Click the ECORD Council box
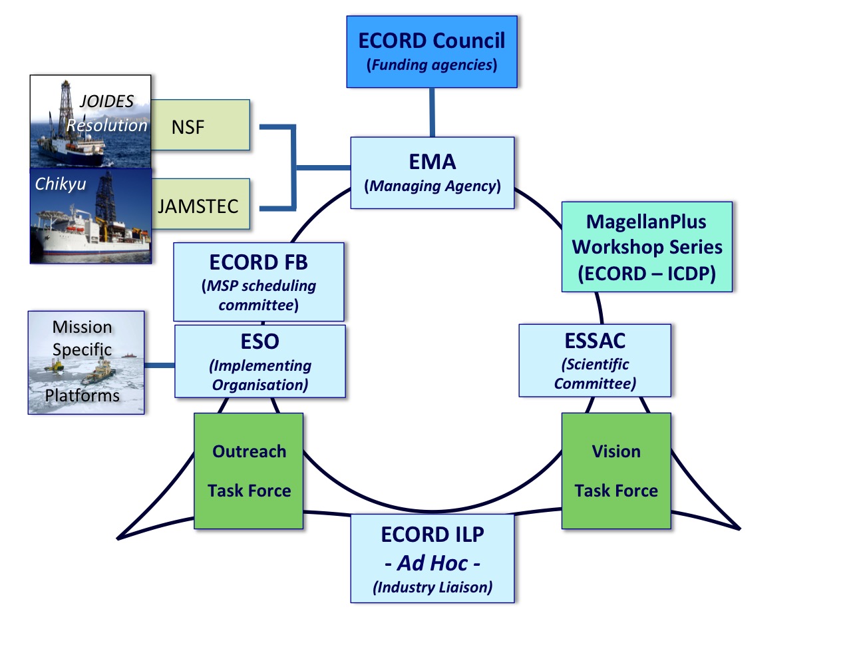tap(432, 52)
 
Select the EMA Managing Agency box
tap(432, 172)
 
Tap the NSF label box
tap(200, 125)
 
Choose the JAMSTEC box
tap(200, 204)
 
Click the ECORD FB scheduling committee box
tap(259, 282)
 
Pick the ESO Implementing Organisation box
tap(260, 361)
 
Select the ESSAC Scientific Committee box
tap(595, 360)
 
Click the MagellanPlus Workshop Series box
tap(647, 247)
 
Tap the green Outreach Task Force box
tap(249, 471)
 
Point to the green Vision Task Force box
tap(616, 471)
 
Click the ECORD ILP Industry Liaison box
tap(432, 558)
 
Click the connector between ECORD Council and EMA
tap(432, 112)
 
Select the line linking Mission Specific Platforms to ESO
tap(160, 365)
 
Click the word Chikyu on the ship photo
tap(61, 184)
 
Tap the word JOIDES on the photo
tap(106, 101)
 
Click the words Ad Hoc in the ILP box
tap(432, 562)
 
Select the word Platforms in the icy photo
tap(82, 395)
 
